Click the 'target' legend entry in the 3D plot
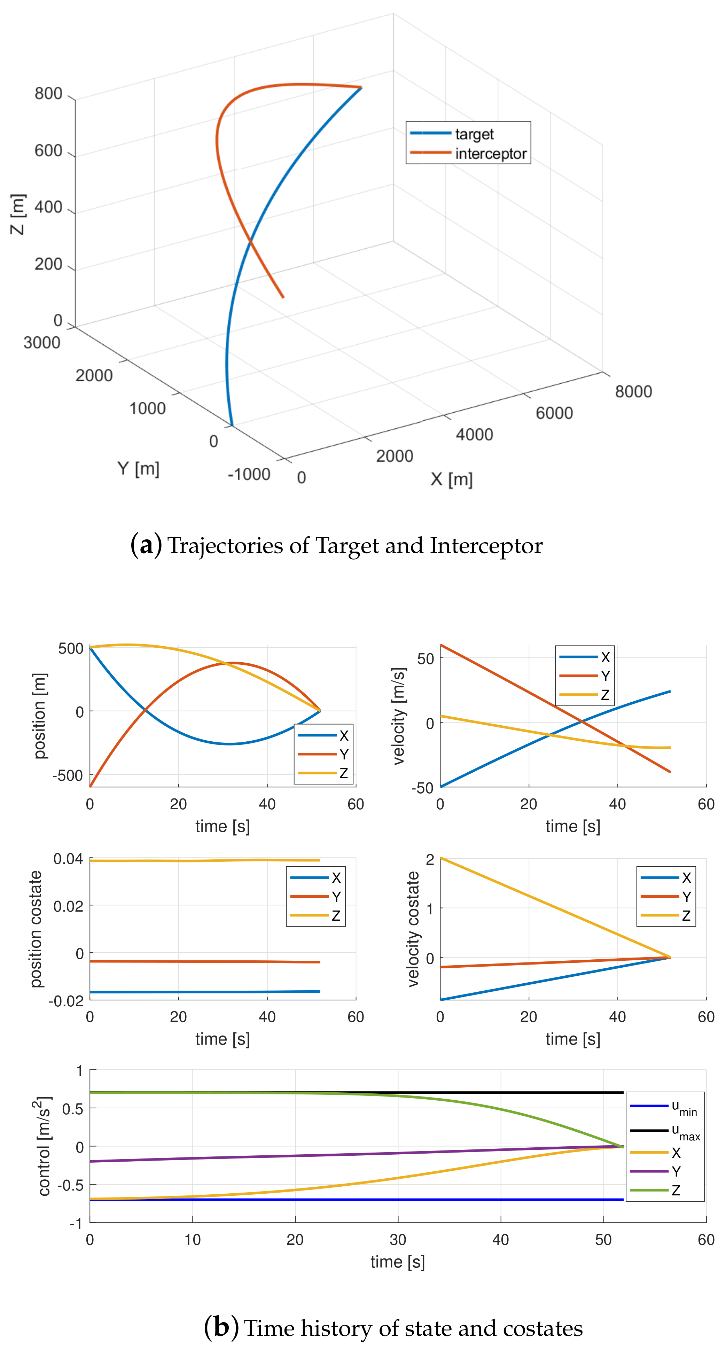(474, 134)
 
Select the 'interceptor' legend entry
(490, 154)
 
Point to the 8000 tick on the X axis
(633, 391)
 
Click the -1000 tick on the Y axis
(249, 474)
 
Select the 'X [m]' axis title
(451, 479)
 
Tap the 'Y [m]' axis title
(138, 468)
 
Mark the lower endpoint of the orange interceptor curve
(283, 297)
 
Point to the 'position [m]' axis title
(40, 716)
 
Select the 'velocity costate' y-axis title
(413, 929)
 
